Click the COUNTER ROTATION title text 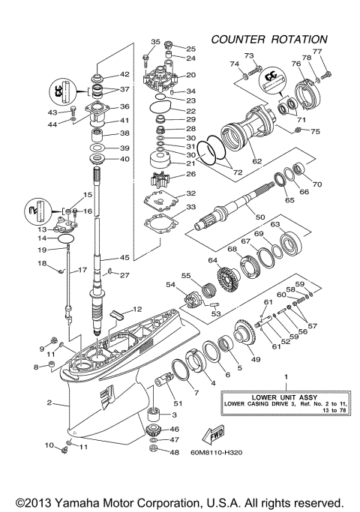[268, 39]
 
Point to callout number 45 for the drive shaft [124, 258]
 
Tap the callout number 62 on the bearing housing [258, 160]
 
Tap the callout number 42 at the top [125, 75]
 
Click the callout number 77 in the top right [317, 52]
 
